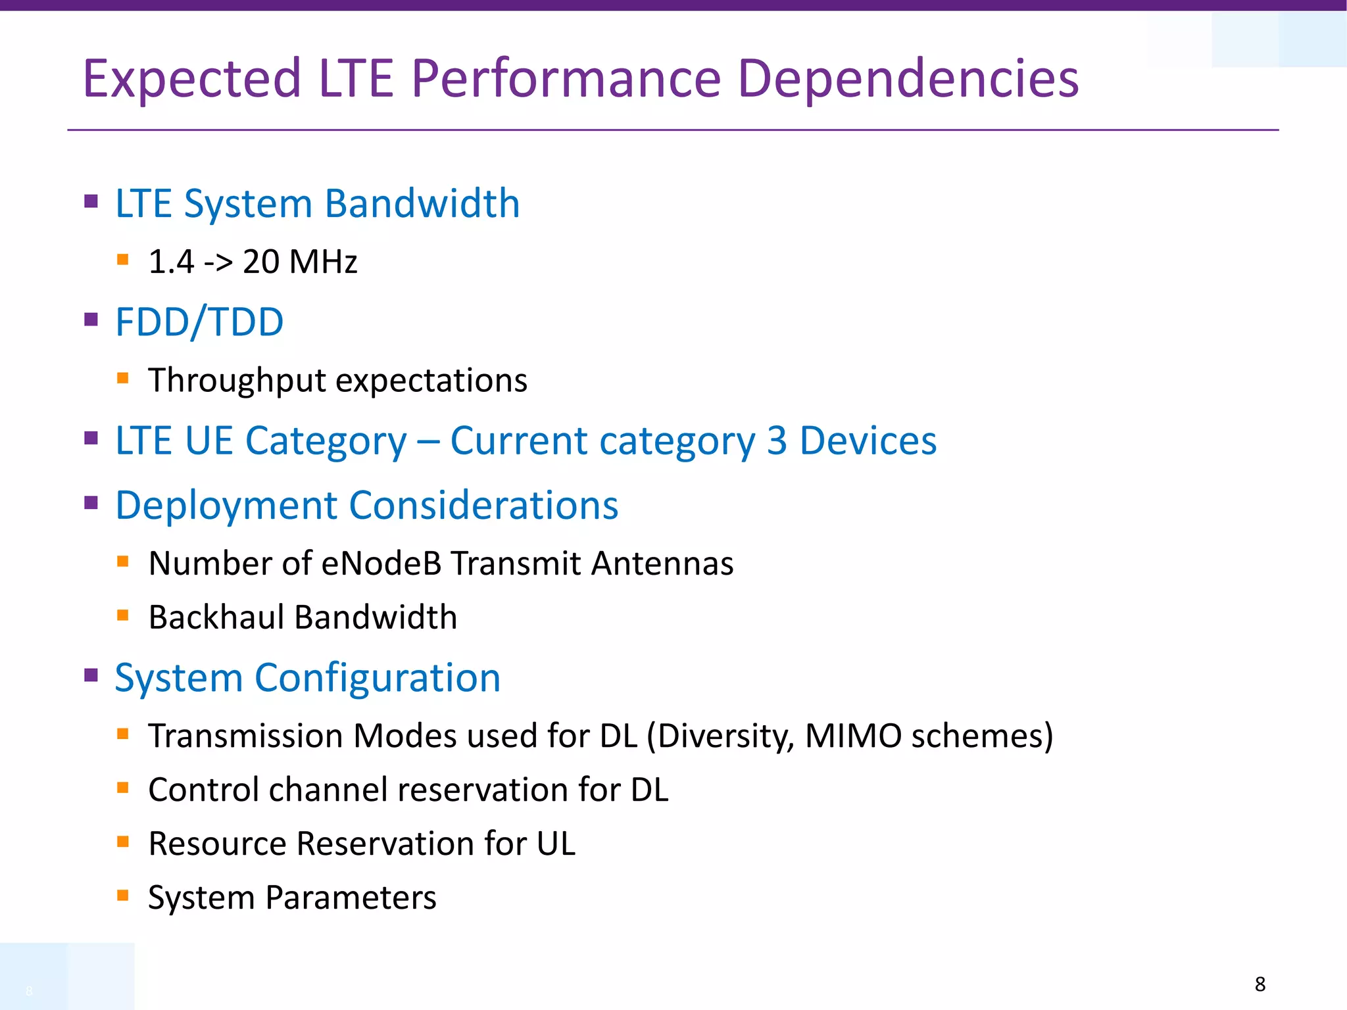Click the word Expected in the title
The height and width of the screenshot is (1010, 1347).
(191, 79)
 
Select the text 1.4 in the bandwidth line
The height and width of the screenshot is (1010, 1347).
(171, 262)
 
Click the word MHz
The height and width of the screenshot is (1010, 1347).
(323, 262)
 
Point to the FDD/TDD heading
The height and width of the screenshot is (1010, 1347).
(199, 322)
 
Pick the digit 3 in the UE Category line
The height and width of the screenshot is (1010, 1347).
(777, 441)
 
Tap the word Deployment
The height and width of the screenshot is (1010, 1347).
(227, 506)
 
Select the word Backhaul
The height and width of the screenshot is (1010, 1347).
(216, 617)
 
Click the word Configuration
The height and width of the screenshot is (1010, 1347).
(378, 678)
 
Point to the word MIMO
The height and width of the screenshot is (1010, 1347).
(853, 736)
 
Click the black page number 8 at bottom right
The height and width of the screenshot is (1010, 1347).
(1260, 984)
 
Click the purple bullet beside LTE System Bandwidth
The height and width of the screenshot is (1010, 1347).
(91, 201)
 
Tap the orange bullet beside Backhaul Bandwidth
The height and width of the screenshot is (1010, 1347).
(122, 615)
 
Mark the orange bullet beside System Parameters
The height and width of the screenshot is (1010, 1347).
(122, 895)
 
